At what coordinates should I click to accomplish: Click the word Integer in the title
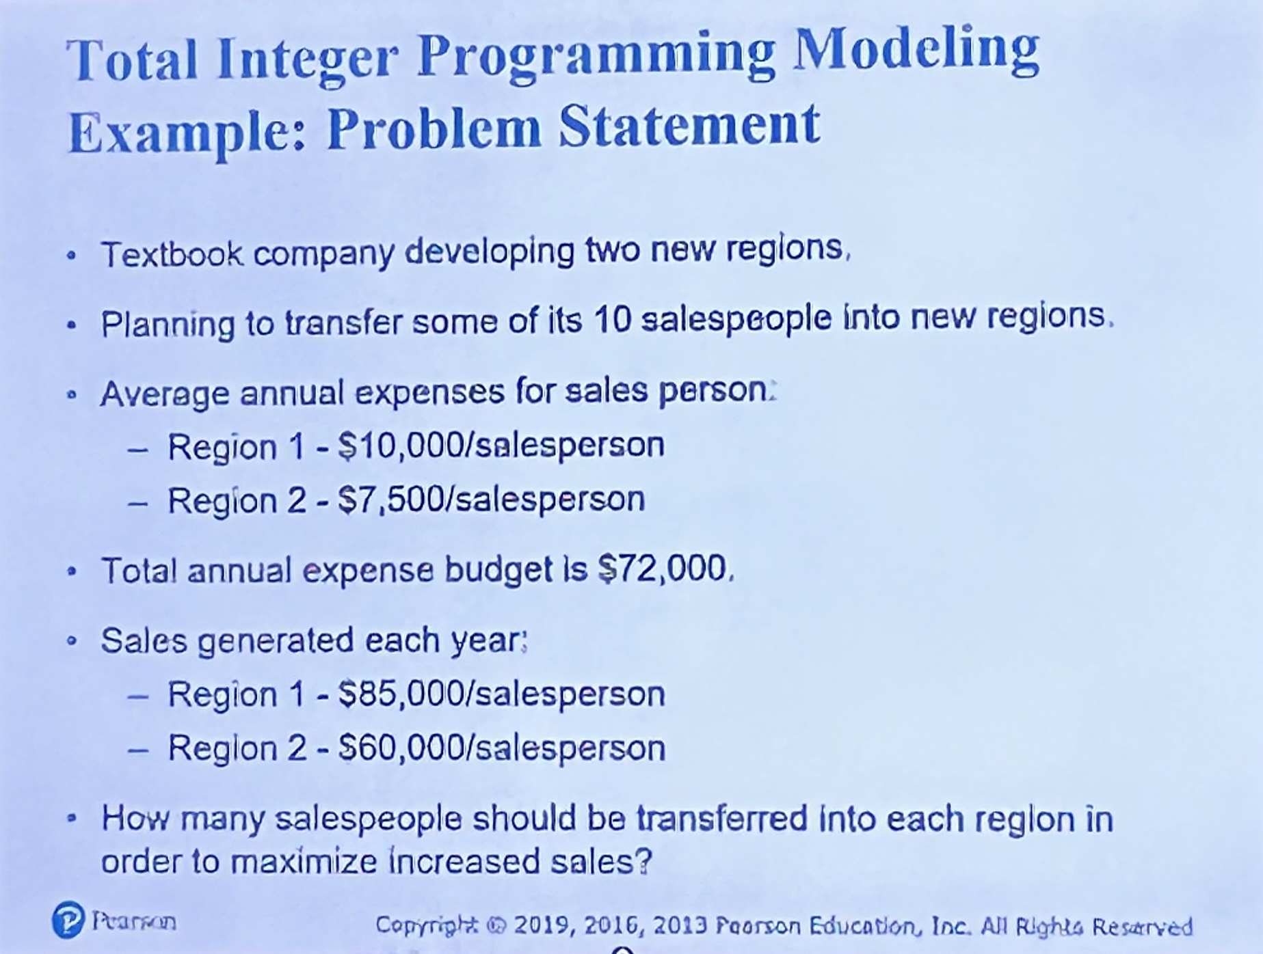308,61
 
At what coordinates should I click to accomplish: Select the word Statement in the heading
689,126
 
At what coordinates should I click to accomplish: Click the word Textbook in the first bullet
172,254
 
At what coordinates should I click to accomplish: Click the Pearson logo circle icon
68,920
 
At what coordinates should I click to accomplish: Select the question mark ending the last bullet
643,861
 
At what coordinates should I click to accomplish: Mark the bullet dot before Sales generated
71,642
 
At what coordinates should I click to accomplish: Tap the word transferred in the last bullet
722,819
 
